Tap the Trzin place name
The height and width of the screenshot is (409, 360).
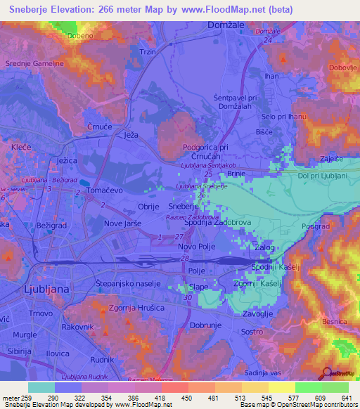coord(148,52)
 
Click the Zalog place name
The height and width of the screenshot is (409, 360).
coord(264,248)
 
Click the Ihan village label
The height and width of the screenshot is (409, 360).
coord(271,75)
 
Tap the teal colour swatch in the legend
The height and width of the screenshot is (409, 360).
coord(41,387)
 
